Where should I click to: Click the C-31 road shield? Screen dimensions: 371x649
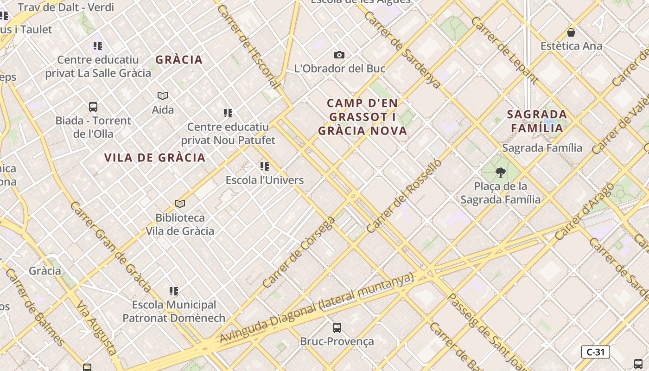pos(595,352)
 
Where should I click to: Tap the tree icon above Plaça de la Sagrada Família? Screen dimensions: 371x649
pos(500,173)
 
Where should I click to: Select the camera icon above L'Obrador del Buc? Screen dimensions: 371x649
pos(339,55)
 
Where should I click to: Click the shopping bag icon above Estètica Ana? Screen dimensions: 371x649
pos(571,32)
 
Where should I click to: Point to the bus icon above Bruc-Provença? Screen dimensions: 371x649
pos(337,327)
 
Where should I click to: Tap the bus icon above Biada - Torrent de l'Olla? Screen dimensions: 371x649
pos(93,107)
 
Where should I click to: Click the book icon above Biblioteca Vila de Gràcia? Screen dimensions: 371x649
pos(180,204)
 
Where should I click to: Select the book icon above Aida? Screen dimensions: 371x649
pos(163,96)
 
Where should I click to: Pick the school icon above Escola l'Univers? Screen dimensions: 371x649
pos(265,166)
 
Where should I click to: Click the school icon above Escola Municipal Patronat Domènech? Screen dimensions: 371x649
pos(174,291)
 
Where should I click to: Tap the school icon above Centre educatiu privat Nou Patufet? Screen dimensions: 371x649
pos(228,113)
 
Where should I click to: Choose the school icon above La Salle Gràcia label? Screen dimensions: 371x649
pos(98,46)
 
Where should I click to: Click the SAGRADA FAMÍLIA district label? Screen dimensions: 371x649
pos(537,121)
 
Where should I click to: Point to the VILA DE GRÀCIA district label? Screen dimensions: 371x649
pos(155,158)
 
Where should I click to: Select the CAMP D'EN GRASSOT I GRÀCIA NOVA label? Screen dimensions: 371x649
pos(363,117)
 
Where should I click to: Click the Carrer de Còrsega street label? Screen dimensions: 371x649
pos(299,252)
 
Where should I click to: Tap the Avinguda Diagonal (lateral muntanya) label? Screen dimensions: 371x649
pos(316,308)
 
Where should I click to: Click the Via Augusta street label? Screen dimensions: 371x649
pos(96,327)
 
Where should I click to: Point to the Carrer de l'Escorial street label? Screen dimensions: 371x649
pos(248,46)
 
